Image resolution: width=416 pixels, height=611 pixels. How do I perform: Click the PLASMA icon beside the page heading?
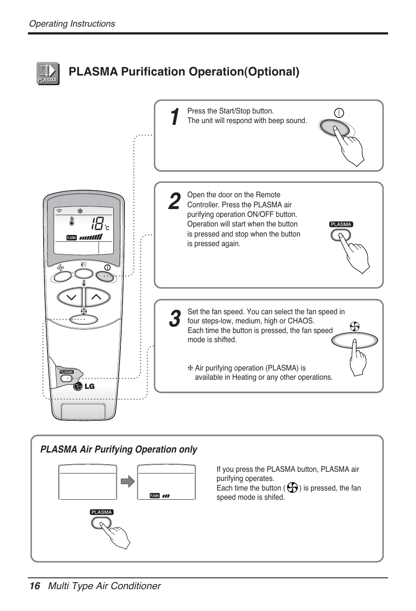tap(48, 73)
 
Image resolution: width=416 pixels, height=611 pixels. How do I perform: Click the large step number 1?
tap(174, 117)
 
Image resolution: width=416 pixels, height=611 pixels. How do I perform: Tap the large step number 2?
tap(174, 201)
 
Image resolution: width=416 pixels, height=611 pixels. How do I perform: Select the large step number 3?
tap(174, 319)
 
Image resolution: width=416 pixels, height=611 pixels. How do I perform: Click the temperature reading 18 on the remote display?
tap(98, 224)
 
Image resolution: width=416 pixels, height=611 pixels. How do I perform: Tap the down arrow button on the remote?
tap(70, 298)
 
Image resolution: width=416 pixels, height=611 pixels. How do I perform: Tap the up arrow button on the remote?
tap(97, 297)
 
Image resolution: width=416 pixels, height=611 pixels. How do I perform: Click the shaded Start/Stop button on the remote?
tap(105, 275)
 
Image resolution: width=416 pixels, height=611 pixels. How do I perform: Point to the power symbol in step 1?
tap(339, 113)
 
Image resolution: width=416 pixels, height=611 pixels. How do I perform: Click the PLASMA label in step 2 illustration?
tap(341, 224)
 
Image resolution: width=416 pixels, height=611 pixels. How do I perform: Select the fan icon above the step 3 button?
tap(355, 326)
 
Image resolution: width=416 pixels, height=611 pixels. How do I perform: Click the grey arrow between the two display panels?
tap(127, 482)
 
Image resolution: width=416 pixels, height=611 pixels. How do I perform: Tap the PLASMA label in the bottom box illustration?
tap(102, 512)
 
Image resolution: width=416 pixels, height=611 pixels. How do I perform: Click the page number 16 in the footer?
tap(34, 586)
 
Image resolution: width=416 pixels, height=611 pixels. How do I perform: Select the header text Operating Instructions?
tap(72, 24)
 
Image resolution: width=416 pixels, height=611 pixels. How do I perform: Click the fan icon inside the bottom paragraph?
tap(292, 487)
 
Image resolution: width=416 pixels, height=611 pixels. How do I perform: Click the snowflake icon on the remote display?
tap(80, 211)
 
